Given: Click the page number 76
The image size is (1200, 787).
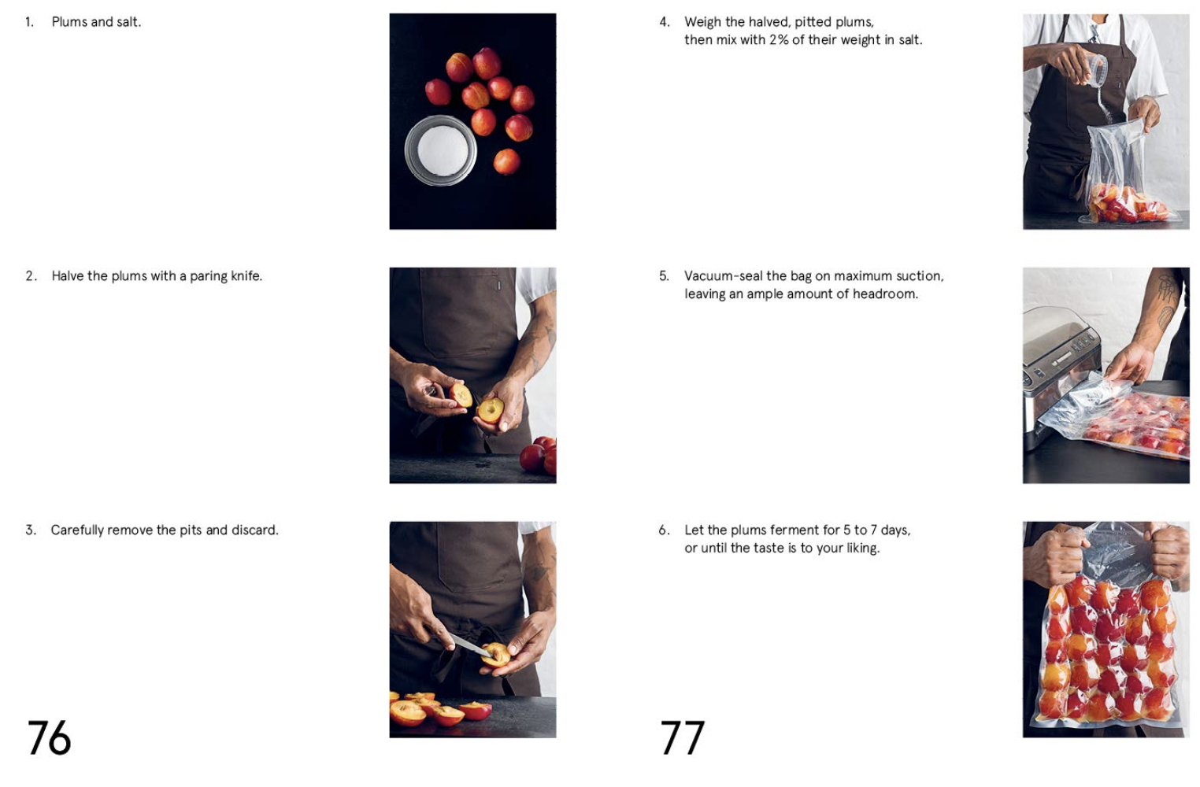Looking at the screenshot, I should (x=49, y=737).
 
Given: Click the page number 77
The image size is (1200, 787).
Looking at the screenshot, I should (x=682, y=737).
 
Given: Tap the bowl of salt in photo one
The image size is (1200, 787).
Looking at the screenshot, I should (x=440, y=150).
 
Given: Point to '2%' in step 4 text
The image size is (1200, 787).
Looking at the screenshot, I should (x=778, y=40).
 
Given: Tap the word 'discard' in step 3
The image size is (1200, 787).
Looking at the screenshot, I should (x=254, y=530).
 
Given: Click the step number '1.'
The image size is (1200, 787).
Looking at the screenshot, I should (x=29, y=22).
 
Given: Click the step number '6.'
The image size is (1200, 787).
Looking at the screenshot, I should (x=664, y=530).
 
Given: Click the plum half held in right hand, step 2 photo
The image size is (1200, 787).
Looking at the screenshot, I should (x=491, y=410).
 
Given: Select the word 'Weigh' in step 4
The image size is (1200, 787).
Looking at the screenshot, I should (x=702, y=22).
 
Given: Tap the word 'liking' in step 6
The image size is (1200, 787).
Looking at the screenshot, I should (x=861, y=549).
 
